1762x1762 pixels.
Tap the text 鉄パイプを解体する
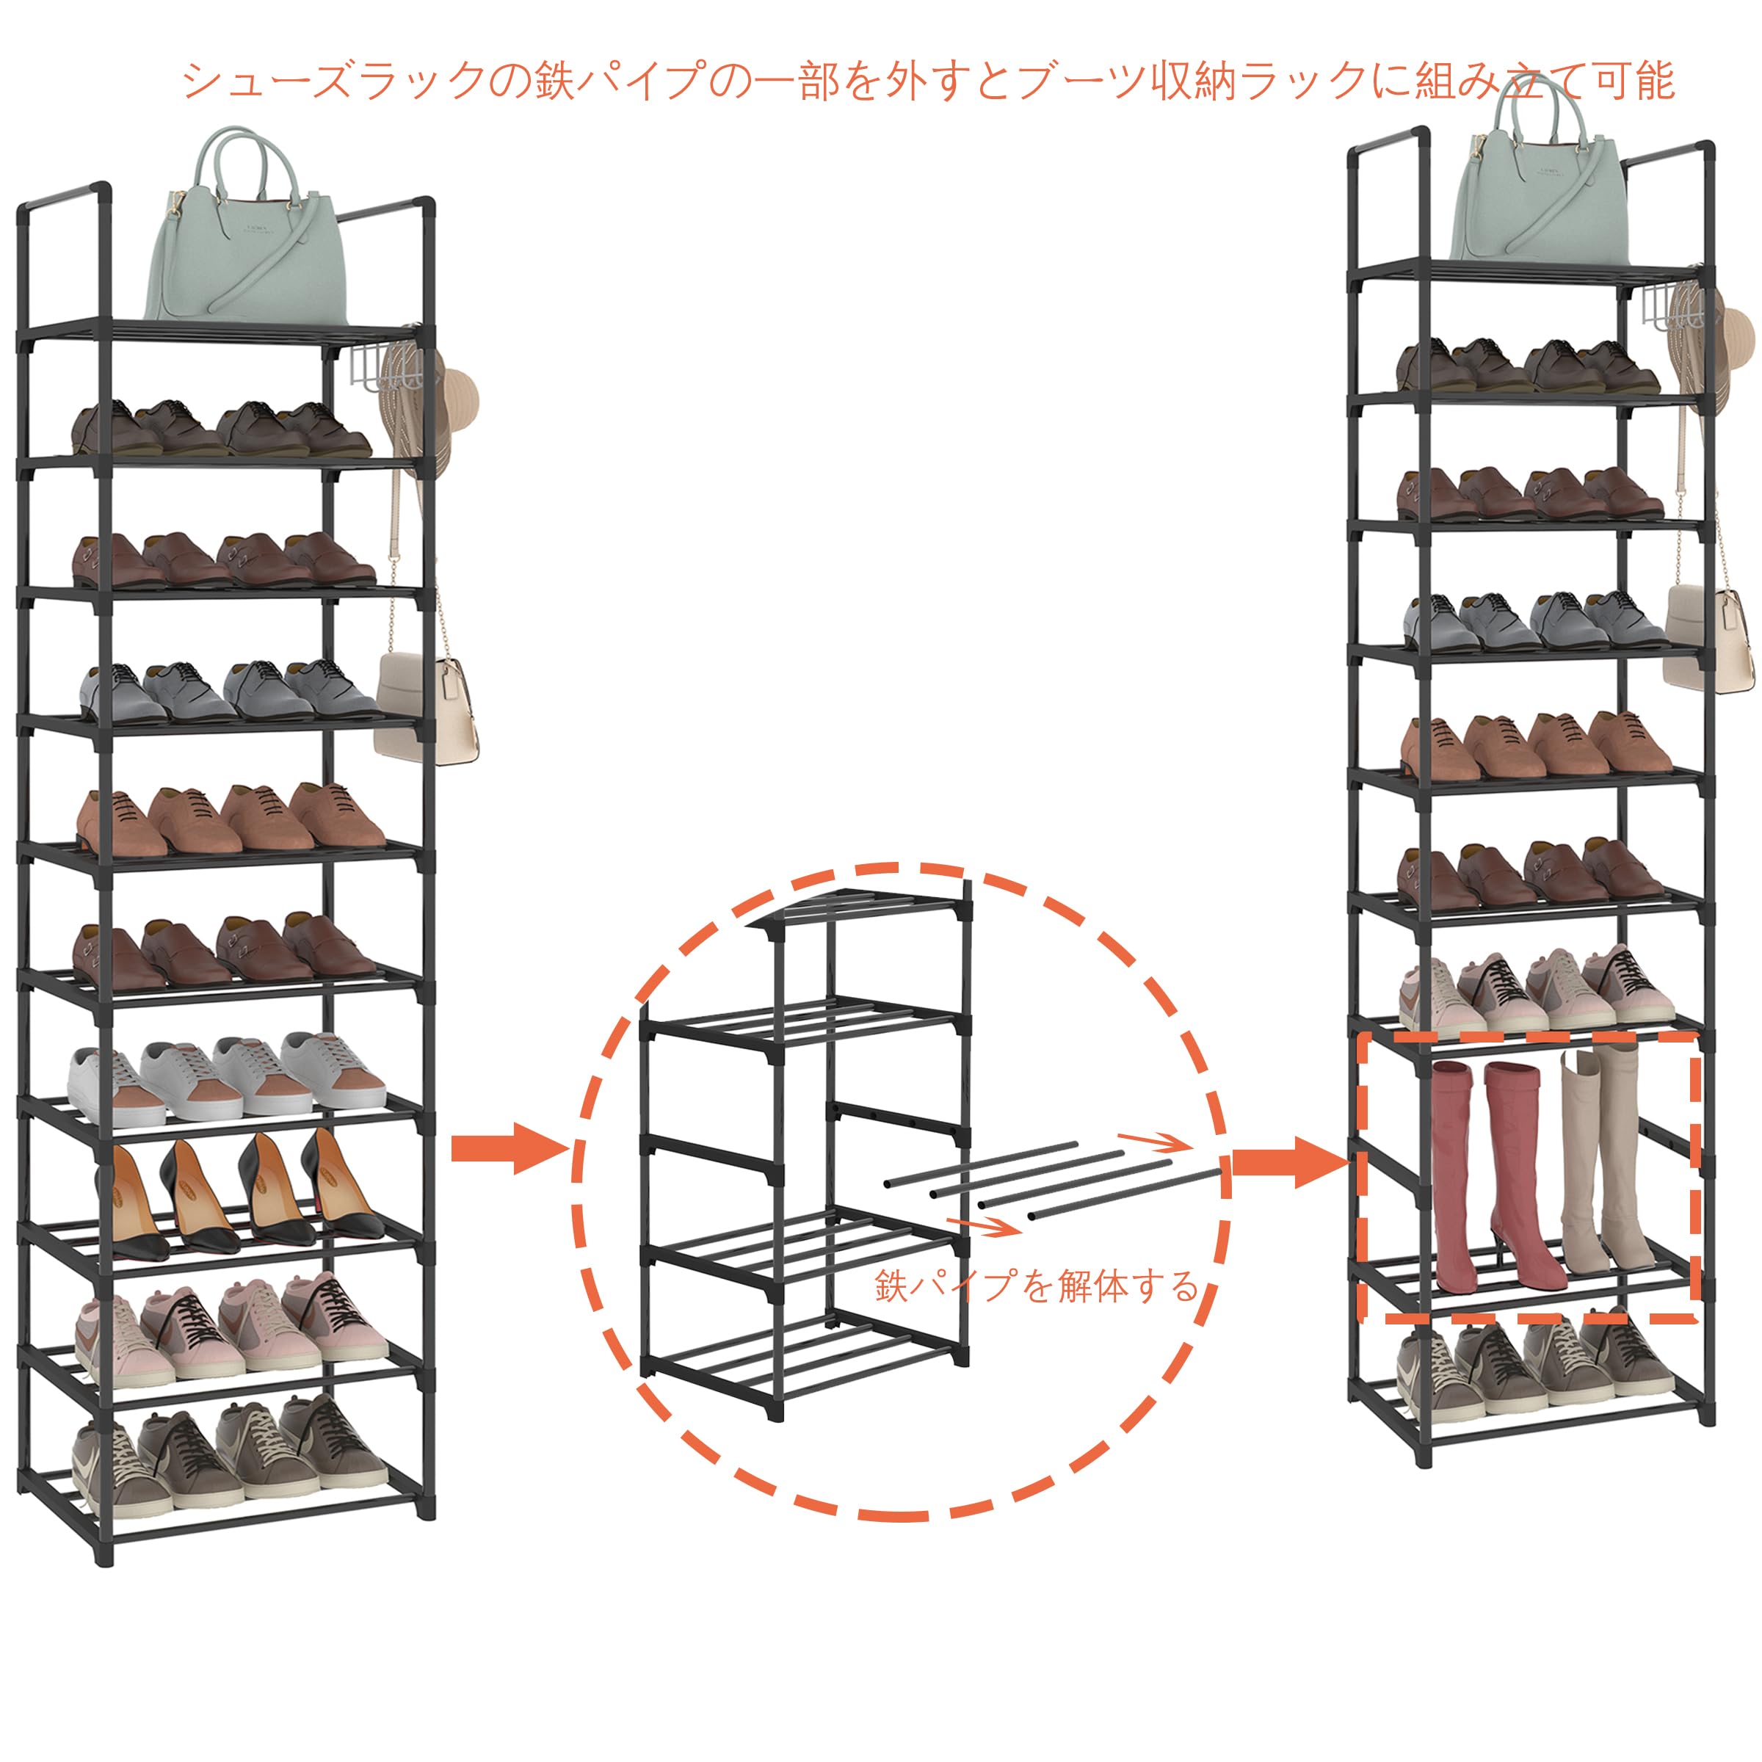pyautogui.click(x=1036, y=1287)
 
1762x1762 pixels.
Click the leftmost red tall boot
pyautogui.click(x=1452, y=1176)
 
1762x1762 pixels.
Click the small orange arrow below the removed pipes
pyautogui.click(x=983, y=1227)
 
